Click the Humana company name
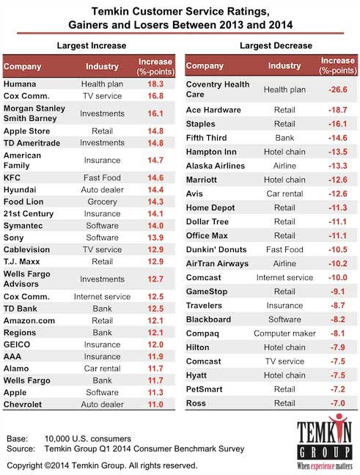pos(20,84)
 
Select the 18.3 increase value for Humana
pos(155,84)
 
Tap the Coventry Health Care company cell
pos(218,89)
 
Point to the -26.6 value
pos(337,89)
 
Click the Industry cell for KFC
pos(102,177)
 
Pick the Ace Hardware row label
pos(213,110)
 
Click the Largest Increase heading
pos(92,45)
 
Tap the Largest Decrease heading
pos(276,45)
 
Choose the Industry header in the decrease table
pos(284,65)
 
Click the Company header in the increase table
pos(23,67)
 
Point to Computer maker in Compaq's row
pos(284,334)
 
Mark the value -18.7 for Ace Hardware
pos(337,110)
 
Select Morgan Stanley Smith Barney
pos(34,114)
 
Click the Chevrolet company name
pos(23,405)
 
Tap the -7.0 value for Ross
pos(337,403)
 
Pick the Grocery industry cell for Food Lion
pos(102,202)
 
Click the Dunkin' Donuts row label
pos(216,249)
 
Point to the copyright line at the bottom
pos(102,465)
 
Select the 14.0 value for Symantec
pos(155,226)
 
